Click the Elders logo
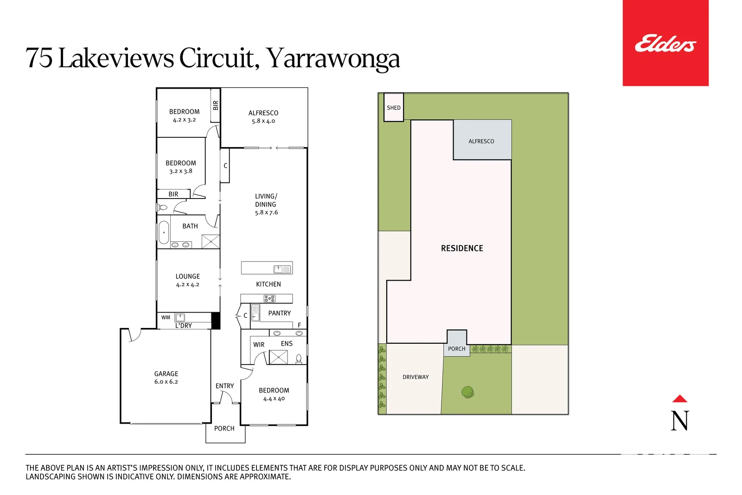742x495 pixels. (665, 44)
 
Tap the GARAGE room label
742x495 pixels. (166, 373)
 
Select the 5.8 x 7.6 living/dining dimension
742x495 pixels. (266, 212)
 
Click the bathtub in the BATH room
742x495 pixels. (164, 232)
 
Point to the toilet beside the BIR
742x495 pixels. (162, 207)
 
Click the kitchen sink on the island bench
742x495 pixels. (282, 269)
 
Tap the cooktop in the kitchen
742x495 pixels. (269, 299)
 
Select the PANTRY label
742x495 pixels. (279, 313)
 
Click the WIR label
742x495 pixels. (259, 345)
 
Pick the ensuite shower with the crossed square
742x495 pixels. (279, 357)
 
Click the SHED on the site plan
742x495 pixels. (394, 108)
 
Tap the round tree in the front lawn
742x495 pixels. (467, 392)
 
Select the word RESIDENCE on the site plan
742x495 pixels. (462, 248)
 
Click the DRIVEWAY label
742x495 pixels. (416, 377)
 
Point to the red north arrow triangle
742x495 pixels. (679, 399)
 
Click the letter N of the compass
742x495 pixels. (679, 421)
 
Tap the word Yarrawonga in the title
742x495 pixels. (333, 58)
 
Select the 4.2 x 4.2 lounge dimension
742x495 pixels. (187, 285)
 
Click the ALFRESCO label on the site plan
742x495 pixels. (481, 141)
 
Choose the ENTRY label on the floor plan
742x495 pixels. (224, 386)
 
